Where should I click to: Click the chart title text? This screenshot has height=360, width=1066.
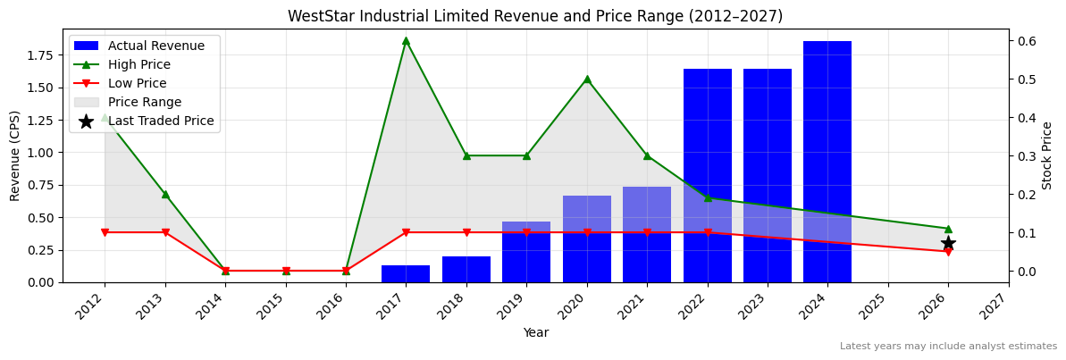click(x=534, y=16)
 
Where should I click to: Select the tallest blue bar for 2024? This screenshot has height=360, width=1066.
click(x=827, y=161)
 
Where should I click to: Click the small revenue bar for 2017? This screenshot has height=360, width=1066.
click(x=406, y=273)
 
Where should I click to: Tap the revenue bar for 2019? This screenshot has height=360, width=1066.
click(x=526, y=252)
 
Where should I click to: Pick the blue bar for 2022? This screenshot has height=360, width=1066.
click(x=707, y=175)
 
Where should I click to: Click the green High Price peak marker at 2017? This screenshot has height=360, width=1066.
click(x=406, y=40)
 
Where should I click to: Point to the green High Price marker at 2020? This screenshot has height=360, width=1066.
click(x=587, y=79)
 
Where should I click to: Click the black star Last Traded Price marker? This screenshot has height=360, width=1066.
click(x=948, y=243)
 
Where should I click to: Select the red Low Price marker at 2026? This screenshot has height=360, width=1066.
click(x=948, y=252)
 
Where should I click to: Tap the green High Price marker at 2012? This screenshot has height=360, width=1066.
click(x=105, y=117)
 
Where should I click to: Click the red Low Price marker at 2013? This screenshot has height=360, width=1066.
click(x=165, y=232)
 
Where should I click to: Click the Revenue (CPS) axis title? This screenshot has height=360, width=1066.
click(x=15, y=155)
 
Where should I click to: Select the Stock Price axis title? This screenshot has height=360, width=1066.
click(x=1047, y=155)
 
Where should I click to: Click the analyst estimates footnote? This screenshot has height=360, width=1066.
click(x=947, y=347)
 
